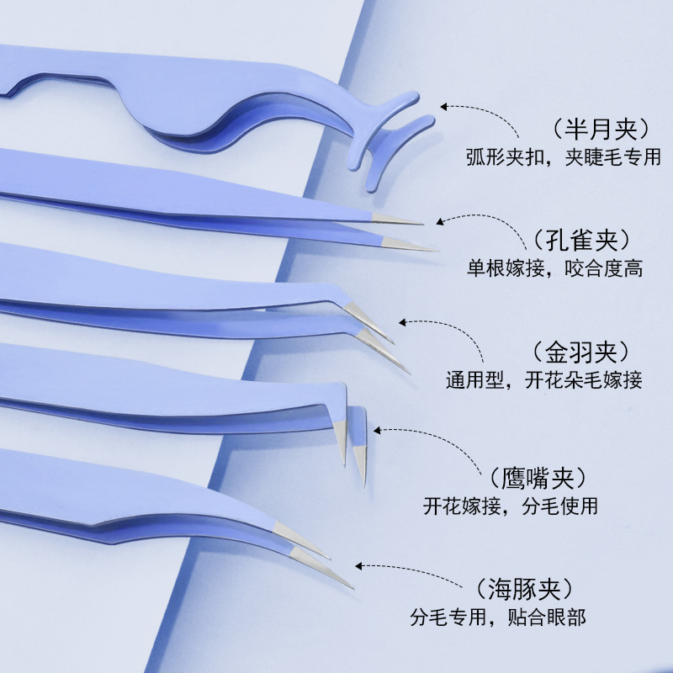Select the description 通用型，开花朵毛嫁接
[543, 380]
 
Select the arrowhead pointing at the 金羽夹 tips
[402, 321]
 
